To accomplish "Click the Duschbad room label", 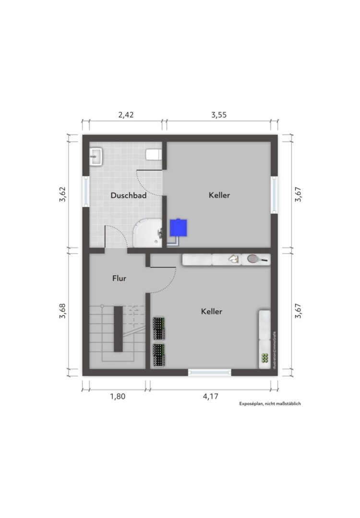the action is [x=129, y=195].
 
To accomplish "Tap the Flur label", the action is [x=119, y=278].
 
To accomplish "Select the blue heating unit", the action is [x=178, y=228].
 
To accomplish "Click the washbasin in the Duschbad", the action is [x=97, y=156].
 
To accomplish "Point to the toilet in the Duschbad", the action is [x=154, y=154].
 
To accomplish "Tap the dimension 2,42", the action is [x=126, y=115].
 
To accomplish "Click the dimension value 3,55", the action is [x=219, y=115].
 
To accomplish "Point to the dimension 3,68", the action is [x=62, y=311].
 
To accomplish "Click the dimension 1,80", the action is [x=118, y=396].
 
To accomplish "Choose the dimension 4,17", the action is [x=211, y=396].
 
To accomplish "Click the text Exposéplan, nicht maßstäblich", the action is [x=270, y=403].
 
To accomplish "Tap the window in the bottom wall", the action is [x=210, y=372].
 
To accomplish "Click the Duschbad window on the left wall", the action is [x=86, y=191].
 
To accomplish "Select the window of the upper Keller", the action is [x=274, y=195].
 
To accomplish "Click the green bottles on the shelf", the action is [x=264, y=358].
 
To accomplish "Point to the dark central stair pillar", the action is [x=118, y=329].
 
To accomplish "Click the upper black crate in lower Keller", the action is [x=159, y=329].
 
